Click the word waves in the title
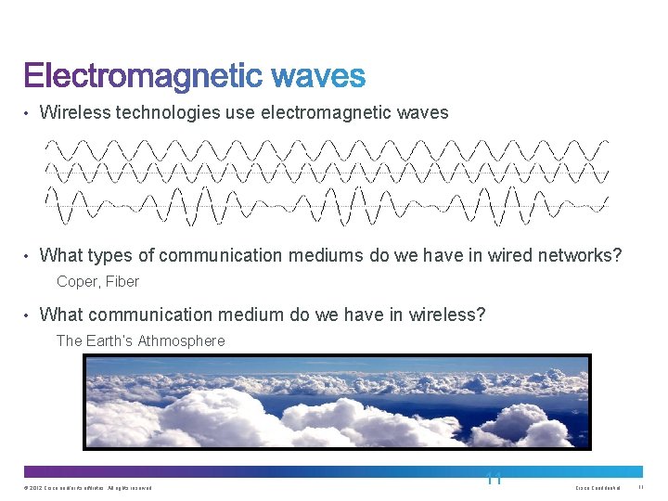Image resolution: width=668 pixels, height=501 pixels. click(316, 76)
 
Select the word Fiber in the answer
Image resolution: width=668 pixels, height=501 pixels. click(122, 281)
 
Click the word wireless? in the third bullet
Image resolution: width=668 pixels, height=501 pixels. click(441, 315)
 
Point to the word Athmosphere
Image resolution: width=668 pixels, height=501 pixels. click(181, 340)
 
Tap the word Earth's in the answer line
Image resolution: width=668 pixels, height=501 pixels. click(109, 340)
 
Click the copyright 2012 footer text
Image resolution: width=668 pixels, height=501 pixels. click(88, 488)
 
